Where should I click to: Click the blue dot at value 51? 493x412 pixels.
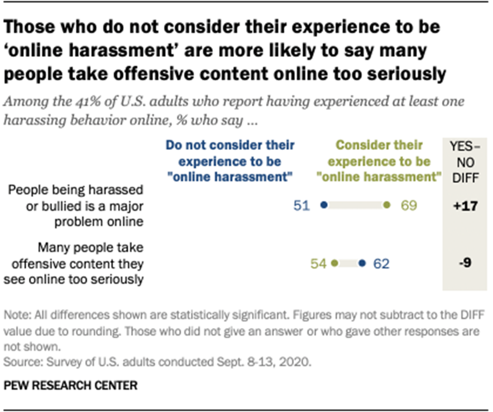[x=323, y=206]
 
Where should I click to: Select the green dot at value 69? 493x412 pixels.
[x=386, y=206]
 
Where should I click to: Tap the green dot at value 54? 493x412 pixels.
[x=334, y=263]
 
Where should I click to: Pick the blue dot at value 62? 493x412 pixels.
[x=362, y=263]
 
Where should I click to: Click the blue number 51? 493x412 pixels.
[x=301, y=206]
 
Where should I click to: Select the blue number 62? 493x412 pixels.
[x=383, y=263]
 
